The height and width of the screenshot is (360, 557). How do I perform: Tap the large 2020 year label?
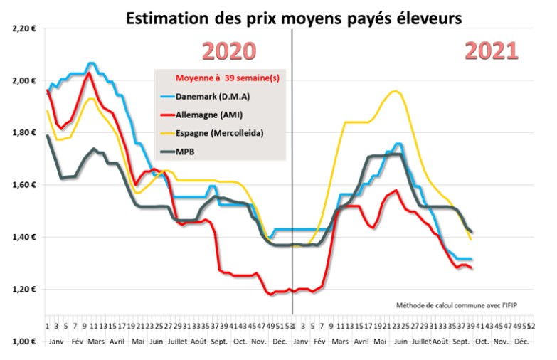(228, 51)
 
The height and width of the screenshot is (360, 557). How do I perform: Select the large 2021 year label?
(492, 51)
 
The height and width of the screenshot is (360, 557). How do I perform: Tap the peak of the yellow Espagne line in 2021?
(395, 91)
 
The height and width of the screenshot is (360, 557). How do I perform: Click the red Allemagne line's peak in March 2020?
(88, 73)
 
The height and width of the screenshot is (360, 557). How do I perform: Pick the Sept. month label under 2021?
(461, 342)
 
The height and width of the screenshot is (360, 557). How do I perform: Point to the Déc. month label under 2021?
(521, 342)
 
